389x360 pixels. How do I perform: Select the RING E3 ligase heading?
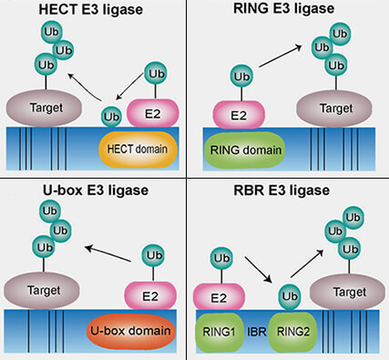tap(292, 11)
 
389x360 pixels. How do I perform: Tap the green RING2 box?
tap(293, 330)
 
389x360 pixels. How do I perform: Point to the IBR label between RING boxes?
tap(257, 330)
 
